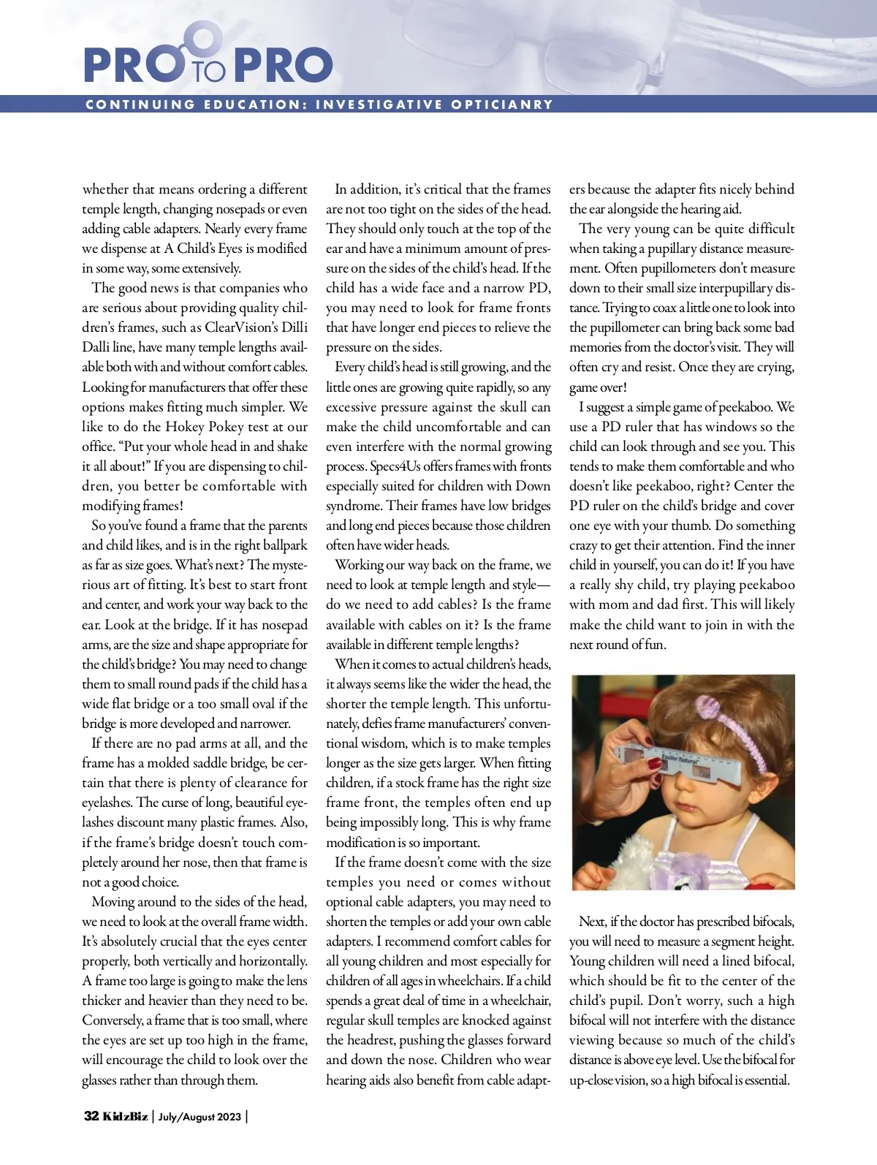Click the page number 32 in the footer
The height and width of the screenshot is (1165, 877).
pos(91,1116)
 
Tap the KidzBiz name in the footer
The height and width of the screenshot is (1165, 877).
pos(124,1116)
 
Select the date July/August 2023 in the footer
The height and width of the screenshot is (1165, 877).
pos(200,1117)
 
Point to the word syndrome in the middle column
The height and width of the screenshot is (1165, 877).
pos(353,506)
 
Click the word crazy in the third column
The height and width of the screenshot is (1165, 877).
pos(583,545)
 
